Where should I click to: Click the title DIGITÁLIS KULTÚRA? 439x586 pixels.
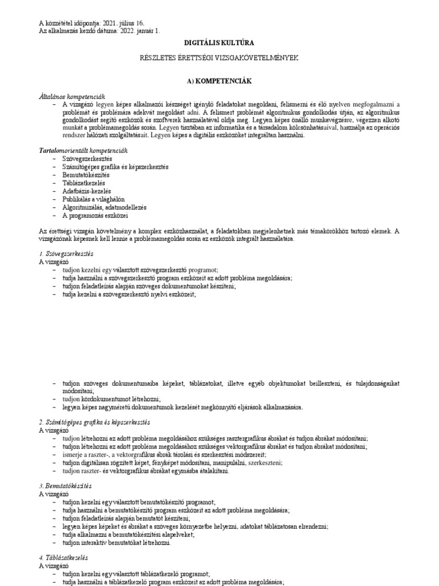click(219, 43)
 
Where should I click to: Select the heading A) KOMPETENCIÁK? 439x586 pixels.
click(219, 81)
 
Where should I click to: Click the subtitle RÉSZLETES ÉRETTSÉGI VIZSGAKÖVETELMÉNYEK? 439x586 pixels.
click(219, 58)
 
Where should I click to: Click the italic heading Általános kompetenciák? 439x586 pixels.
click(71, 96)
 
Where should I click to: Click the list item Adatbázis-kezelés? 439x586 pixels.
click(87, 191)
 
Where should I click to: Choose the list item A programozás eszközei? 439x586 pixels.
click(95, 216)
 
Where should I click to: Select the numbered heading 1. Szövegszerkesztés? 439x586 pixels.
click(66, 253)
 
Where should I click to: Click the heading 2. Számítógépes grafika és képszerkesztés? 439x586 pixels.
click(94, 422)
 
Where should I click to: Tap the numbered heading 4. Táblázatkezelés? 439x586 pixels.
click(63, 557)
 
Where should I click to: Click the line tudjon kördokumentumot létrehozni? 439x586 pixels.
click(112, 399)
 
